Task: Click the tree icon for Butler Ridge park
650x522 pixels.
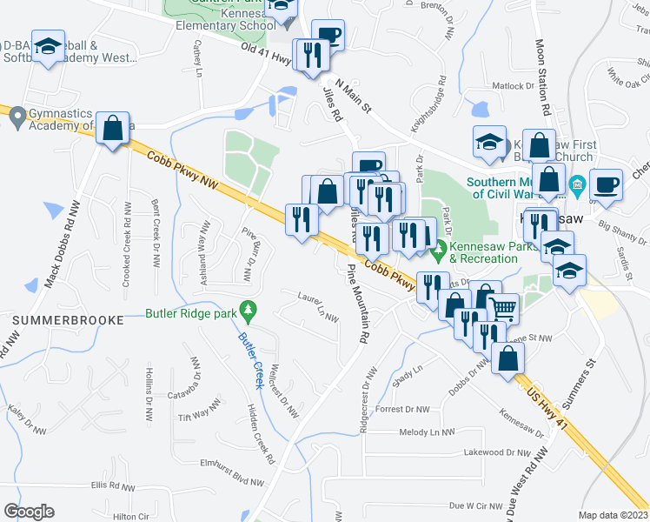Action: pos(249,310)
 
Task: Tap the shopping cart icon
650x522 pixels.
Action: pos(502,307)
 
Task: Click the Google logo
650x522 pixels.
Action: pos(29,512)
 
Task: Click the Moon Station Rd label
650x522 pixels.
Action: pos(543,78)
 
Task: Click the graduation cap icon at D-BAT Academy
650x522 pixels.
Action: pos(49,48)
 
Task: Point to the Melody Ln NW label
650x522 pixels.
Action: pos(427,432)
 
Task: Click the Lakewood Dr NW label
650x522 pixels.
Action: pos(497,452)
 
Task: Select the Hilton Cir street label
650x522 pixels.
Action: pos(131,517)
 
